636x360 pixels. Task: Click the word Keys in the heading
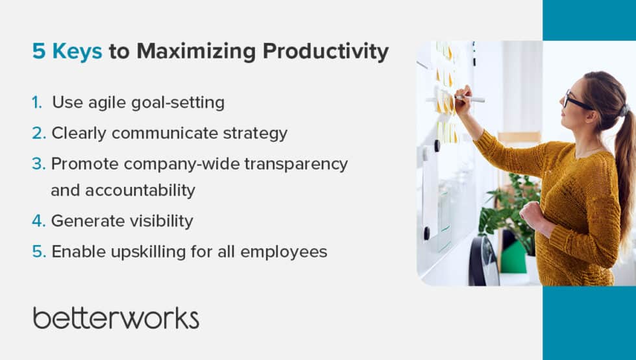click(76, 52)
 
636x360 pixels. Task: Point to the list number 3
click(38, 164)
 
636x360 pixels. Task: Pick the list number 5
click(38, 252)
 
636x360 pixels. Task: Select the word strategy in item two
click(255, 134)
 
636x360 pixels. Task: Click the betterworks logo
click(116, 318)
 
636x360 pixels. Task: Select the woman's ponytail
click(624, 162)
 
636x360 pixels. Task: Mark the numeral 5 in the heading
click(39, 52)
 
